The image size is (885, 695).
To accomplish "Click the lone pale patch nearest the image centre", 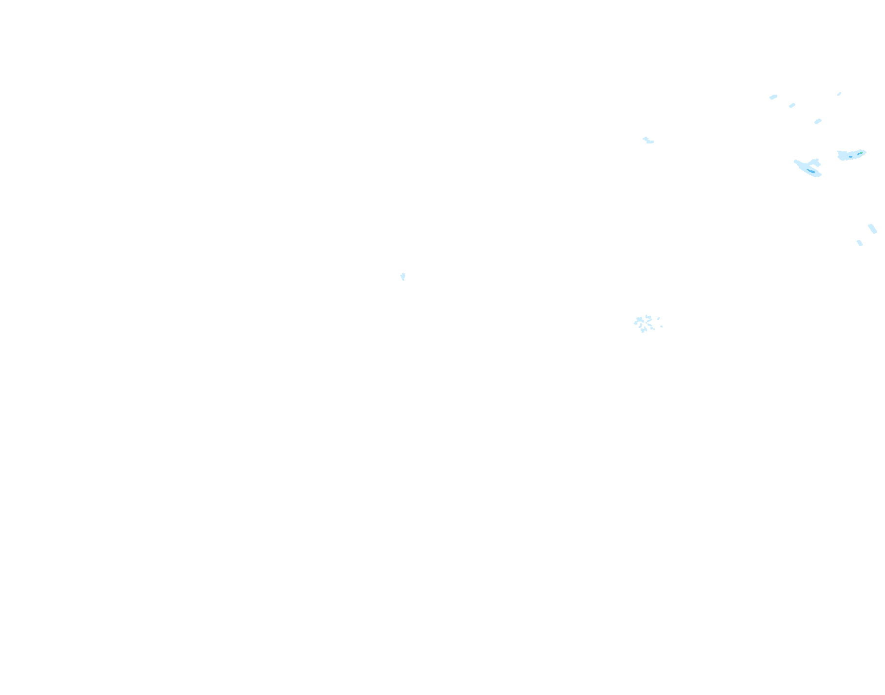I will coord(403,277).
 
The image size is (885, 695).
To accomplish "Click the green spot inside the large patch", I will coord(861,152).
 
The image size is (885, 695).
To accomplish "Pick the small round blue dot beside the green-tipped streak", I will coord(850,157).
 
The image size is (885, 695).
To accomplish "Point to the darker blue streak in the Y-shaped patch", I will coord(811,171).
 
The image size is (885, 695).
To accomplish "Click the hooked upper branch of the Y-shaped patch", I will coord(817,162).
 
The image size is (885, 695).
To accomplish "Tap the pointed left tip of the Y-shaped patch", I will coord(796,161).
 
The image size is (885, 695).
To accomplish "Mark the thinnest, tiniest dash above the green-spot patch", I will coord(839,94).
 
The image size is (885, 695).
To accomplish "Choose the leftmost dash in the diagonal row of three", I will coord(773,97).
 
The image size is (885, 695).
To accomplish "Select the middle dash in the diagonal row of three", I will coord(792,105).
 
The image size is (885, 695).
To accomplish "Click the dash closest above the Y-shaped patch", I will coord(818,121).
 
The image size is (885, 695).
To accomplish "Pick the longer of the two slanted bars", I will coord(872,228).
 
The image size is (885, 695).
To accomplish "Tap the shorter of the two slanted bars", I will coord(860,243).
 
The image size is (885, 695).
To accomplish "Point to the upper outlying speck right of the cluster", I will coord(658,319).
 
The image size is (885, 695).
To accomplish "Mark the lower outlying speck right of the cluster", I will coord(661,326).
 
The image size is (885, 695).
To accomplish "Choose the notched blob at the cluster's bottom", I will coord(643,330).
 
